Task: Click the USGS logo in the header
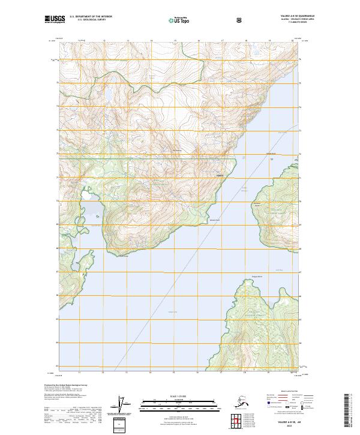coord(55,20)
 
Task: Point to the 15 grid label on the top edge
coord(175,41)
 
